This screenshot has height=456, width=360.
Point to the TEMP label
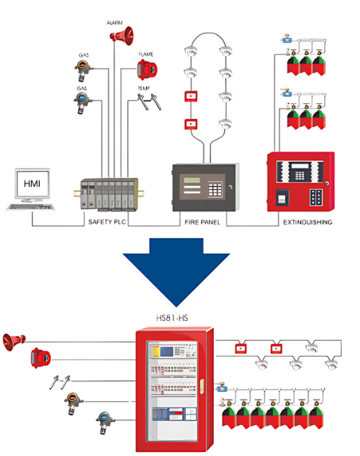pyautogui.click(x=144, y=89)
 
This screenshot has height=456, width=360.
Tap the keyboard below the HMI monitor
pyautogui.click(x=29, y=207)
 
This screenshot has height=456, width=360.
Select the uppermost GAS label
pyautogui.click(x=83, y=55)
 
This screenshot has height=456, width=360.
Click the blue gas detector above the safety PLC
pyautogui.click(x=83, y=100)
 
